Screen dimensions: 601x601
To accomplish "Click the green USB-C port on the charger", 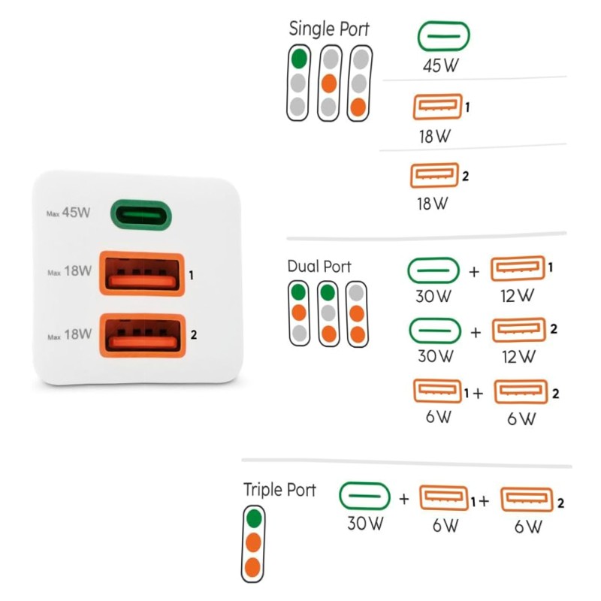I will click(142, 216).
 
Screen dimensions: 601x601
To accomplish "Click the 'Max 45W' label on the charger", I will click(68, 213).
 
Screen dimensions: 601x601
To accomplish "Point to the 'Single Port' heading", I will click(329, 29).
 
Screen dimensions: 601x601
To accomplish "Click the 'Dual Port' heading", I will click(319, 267).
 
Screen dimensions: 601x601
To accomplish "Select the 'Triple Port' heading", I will click(279, 490).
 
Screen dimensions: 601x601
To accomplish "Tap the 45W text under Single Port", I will click(439, 65).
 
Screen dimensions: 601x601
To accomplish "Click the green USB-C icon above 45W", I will click(443, 36).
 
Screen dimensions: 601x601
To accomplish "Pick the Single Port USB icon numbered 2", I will click(435, 177).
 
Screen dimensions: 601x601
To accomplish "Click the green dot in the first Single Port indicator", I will click(299, 58).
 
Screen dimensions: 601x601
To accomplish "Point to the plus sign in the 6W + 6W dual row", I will click(479, 393).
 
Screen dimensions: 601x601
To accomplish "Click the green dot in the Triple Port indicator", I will click(254, 518).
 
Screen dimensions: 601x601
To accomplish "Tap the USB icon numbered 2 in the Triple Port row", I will click(527, 499).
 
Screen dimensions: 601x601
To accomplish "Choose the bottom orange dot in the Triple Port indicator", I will click(254, 566).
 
